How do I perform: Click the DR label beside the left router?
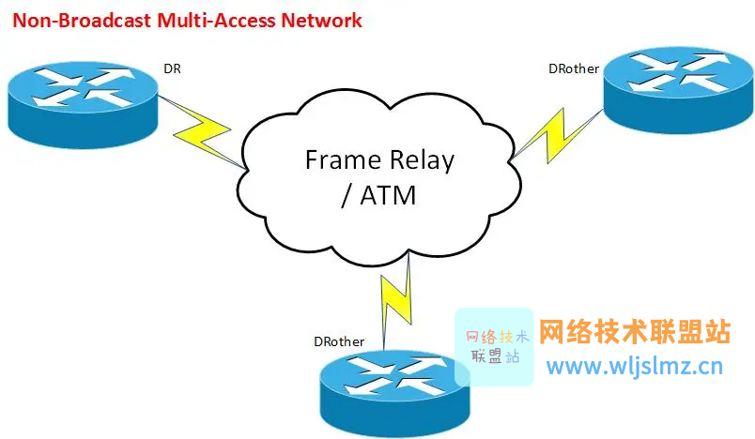[172, 68]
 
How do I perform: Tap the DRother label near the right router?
[574, 68]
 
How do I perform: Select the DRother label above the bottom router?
[339, 341]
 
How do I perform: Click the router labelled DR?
[83, 104]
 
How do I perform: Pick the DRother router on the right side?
[678, 89]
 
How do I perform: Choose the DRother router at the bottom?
[394, 393]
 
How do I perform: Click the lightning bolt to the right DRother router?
[555, 136]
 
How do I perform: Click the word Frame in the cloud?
[344, 159]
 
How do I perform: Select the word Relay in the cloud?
[423, 160]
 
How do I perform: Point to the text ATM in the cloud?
[388, 195]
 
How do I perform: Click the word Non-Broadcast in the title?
[82, 21]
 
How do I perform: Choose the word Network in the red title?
[322, 21]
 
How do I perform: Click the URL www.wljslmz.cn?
[635, 367]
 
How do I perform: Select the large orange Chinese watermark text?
[635, 332]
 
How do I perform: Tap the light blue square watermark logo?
[494, 347]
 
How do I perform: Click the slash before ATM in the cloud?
[347, 196]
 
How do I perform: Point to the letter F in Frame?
[312, 159]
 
